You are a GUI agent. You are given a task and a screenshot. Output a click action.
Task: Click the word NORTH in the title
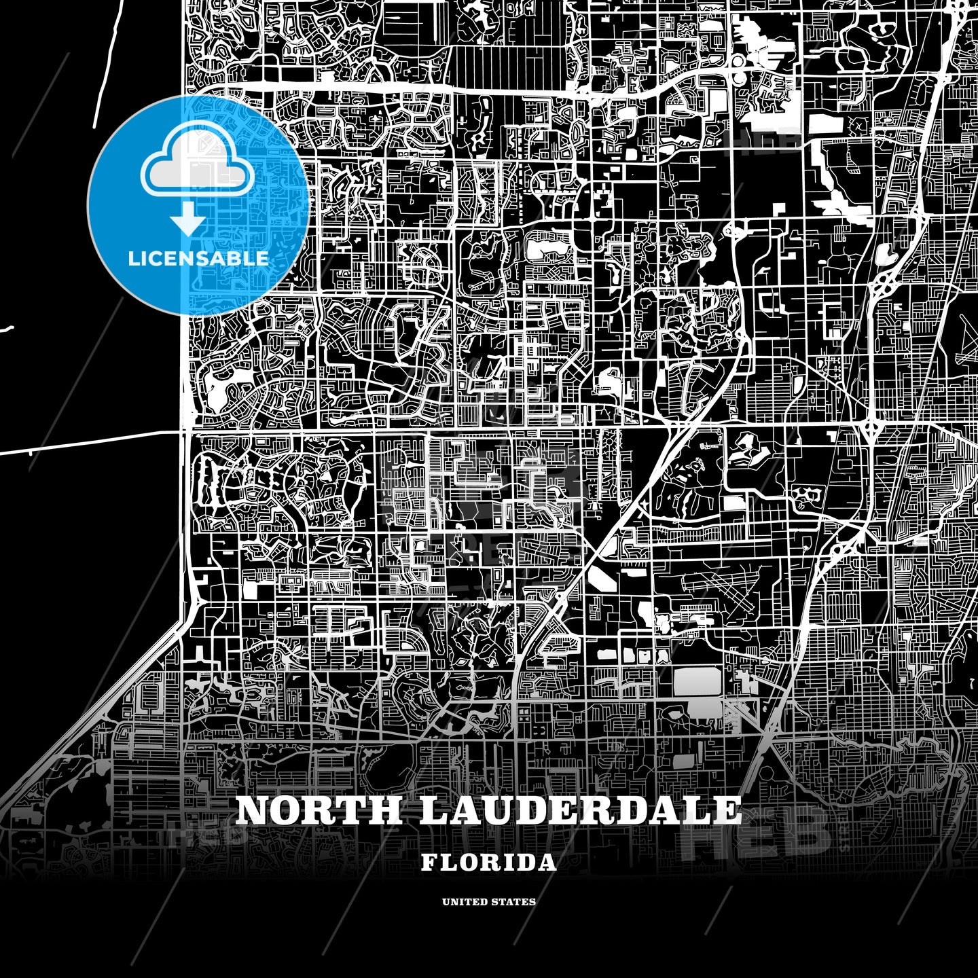tap(319, 810)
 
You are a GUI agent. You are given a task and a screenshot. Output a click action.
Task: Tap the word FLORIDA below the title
tap(488, 863)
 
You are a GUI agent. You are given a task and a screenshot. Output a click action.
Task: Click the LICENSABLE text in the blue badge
tap(198, 258)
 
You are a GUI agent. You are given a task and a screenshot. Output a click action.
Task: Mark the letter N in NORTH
tap(253, 810)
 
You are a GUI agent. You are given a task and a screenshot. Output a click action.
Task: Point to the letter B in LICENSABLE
tap(234, 258)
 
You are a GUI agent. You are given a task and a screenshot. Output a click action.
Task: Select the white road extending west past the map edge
tap(88, 442)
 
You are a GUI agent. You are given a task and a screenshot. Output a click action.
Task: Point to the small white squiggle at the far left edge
tap(7, 330)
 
